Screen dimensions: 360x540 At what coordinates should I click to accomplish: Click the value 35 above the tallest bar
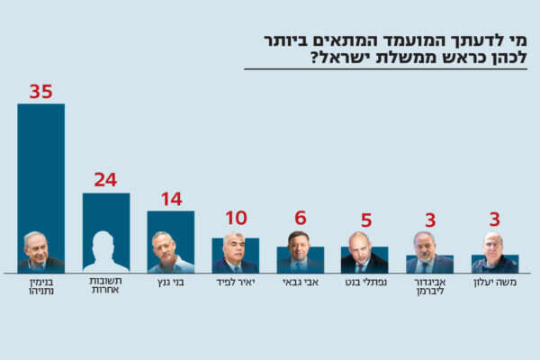coord(41,92)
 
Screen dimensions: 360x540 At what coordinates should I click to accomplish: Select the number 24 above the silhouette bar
coord(105,179)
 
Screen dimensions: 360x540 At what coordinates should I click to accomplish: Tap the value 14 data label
coord(171,199)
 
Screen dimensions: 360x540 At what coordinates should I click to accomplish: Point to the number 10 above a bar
coord(236,218)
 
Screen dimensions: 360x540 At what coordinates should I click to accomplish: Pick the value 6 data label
coord(301,218)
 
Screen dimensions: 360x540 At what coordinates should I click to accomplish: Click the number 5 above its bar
coord(365,220)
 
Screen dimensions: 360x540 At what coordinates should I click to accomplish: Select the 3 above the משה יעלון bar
coord(494,220)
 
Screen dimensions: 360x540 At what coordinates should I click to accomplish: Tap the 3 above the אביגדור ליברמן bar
coord(430,220)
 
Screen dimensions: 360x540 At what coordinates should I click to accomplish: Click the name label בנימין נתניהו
coord(41,289)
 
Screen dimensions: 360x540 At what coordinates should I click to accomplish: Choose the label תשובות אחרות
coord(106,289)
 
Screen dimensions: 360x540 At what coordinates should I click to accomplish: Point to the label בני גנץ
coord(171,283)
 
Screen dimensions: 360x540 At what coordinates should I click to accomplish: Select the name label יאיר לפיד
coord(236,283)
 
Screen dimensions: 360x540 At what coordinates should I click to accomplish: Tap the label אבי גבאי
coord(301,283)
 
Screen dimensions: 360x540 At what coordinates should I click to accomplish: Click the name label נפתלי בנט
coord(365,283)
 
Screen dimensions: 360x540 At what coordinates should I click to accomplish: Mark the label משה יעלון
coord(494,283)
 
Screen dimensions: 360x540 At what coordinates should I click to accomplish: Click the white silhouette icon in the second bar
coord(105,252)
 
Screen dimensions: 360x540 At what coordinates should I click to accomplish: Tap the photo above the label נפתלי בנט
coord(360,254)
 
